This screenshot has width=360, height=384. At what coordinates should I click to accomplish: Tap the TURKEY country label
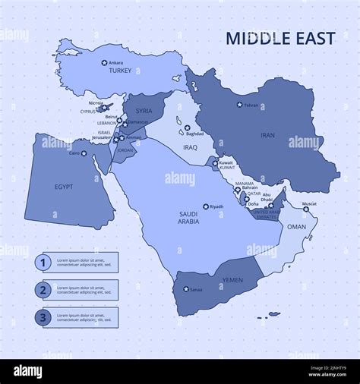(x=120, y=71)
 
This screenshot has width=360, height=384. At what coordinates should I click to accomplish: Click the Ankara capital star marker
(x=105, y=62)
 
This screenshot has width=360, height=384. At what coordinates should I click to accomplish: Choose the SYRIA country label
(x=144, y=112)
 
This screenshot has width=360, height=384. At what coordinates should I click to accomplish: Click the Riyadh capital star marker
(x=205, y=206)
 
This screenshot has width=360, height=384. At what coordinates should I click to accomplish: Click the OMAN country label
(x=297, y=227)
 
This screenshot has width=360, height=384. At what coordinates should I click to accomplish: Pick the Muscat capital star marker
(x=306, y=209)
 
